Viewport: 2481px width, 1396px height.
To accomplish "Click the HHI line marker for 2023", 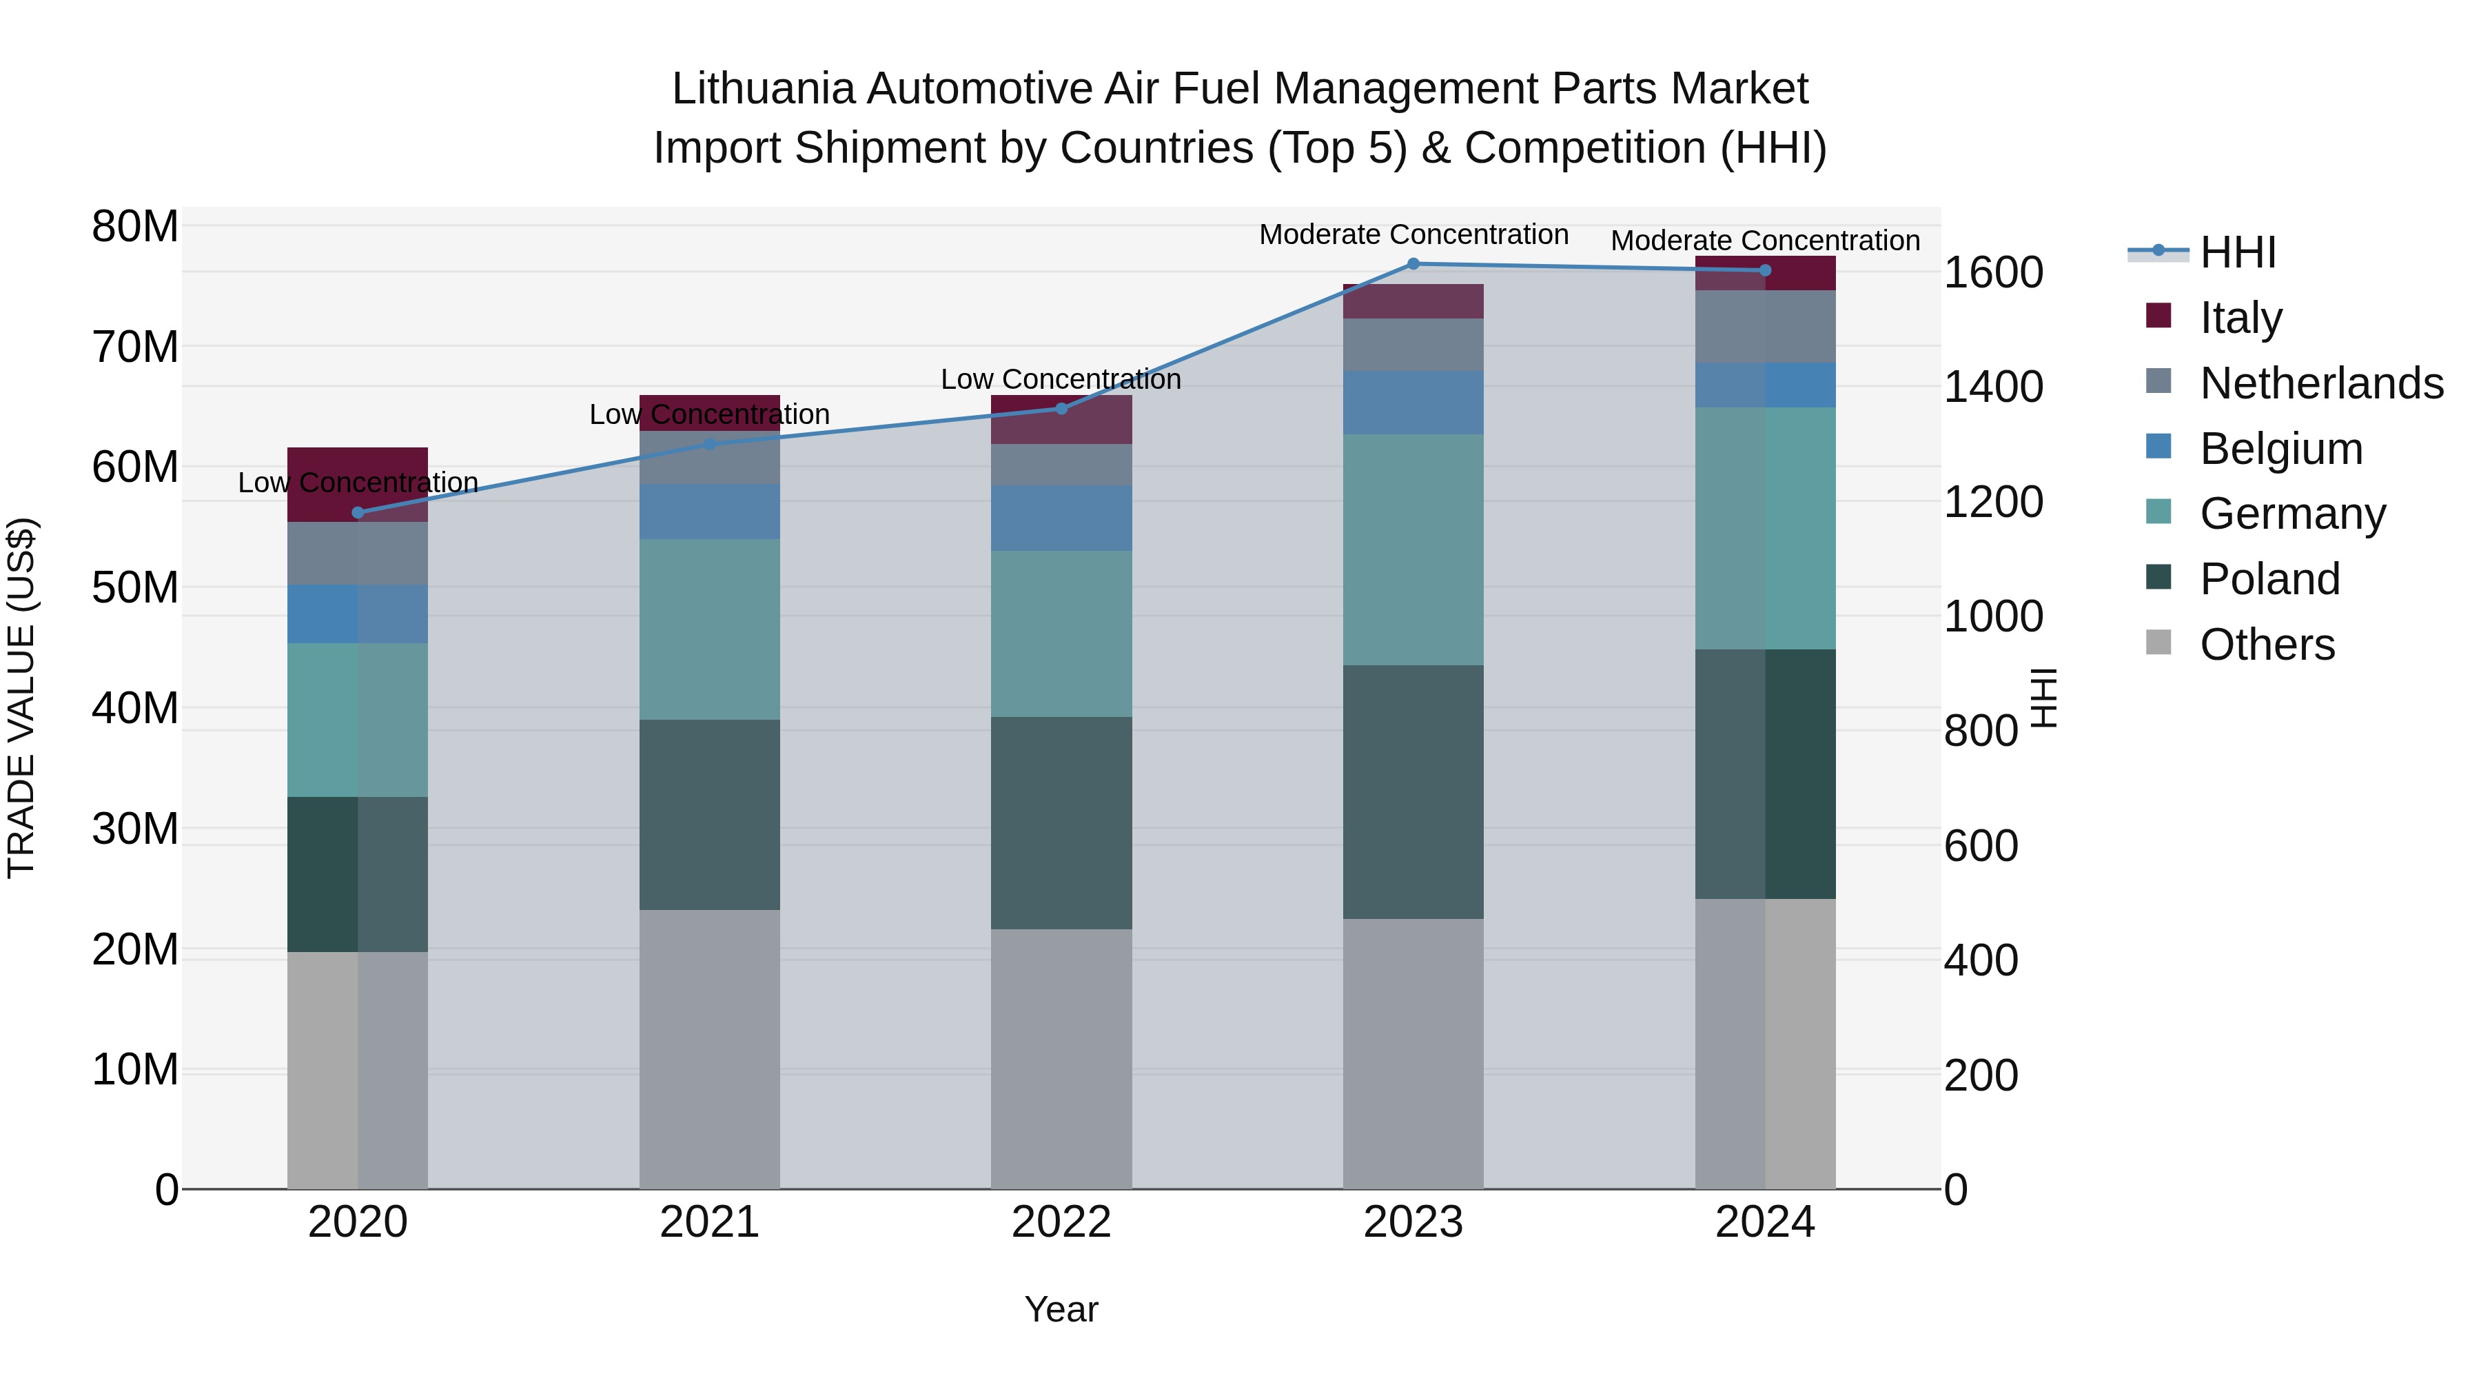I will pyautogui.click(x=1413, y=263).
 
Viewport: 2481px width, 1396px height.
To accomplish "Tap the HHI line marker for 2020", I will pyautogui.click(x=358, y=512).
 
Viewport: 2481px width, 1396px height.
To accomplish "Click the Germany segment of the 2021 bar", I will pyautogui.click(x=710, y=629).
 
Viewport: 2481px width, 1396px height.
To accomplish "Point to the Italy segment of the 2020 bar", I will pyautogui.click(x=358, y=463).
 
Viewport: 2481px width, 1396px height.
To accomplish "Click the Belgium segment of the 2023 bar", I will pyautogui.click(x=1413, y=403).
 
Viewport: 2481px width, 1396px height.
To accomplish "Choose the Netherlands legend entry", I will pyautogui.click(x=2321, y=383).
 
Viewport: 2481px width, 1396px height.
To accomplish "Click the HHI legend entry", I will pyautogui.click(x=2237, y=252).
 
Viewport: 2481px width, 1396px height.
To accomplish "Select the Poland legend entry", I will pyautogui.click(x=2269, y=579).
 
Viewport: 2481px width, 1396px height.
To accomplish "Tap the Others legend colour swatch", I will pyautogui.click(x=2158, y=643).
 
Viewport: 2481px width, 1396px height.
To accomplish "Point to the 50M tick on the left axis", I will pyautogui.click(x=135, y=587).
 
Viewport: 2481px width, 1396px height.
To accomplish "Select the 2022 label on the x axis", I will pyautogui.click(x=1061, y=1222).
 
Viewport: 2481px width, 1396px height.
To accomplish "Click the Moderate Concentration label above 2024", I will pyautogui.click(x=1764, y=241).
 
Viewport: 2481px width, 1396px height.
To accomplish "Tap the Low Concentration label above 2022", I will pyautogui.click(x=1061, y=380).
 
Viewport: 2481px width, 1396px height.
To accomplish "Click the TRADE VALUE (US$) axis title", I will pyautogui.click(x=21, y=698).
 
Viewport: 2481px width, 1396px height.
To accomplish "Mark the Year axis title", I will pyautogui.click(x=1061, y=1309).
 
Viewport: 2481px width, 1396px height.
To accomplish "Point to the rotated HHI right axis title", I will pyautogui.click(x=2043, y=698).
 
